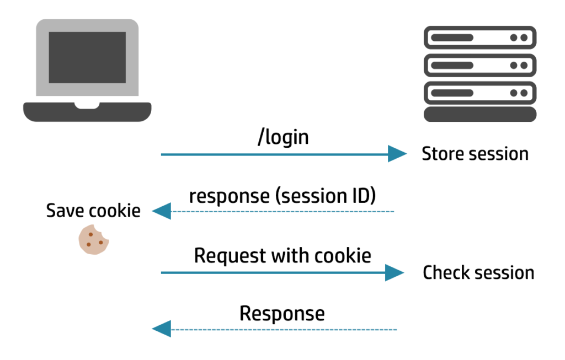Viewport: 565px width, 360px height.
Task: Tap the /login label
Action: pos(282,137)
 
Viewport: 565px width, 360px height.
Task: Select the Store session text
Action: pos(475,154)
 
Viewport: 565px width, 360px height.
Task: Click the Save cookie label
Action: pos(93,211)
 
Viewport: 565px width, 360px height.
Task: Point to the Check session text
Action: pos(478,272)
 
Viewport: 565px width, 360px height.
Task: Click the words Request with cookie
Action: pos(282,256)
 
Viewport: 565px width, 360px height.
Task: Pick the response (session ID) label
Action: pos(282,196)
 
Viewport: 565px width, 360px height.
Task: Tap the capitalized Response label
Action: pos(282,314)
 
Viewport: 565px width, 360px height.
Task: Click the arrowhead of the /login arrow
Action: pos(397,154)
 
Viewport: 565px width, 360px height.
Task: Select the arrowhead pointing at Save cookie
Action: pos(161,211)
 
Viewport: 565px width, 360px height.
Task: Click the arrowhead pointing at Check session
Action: pos(394,272)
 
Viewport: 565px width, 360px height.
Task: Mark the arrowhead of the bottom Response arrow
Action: pos(161,330)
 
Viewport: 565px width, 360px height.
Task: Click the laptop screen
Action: pos(87,57)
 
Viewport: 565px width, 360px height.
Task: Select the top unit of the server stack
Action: pos(479,37)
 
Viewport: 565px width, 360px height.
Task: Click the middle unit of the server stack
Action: pos(479,65)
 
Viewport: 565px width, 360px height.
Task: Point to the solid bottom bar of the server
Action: pos(479,114)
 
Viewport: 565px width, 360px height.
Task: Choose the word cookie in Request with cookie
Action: pos(343,256)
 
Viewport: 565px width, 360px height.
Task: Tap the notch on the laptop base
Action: pos(87,105)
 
